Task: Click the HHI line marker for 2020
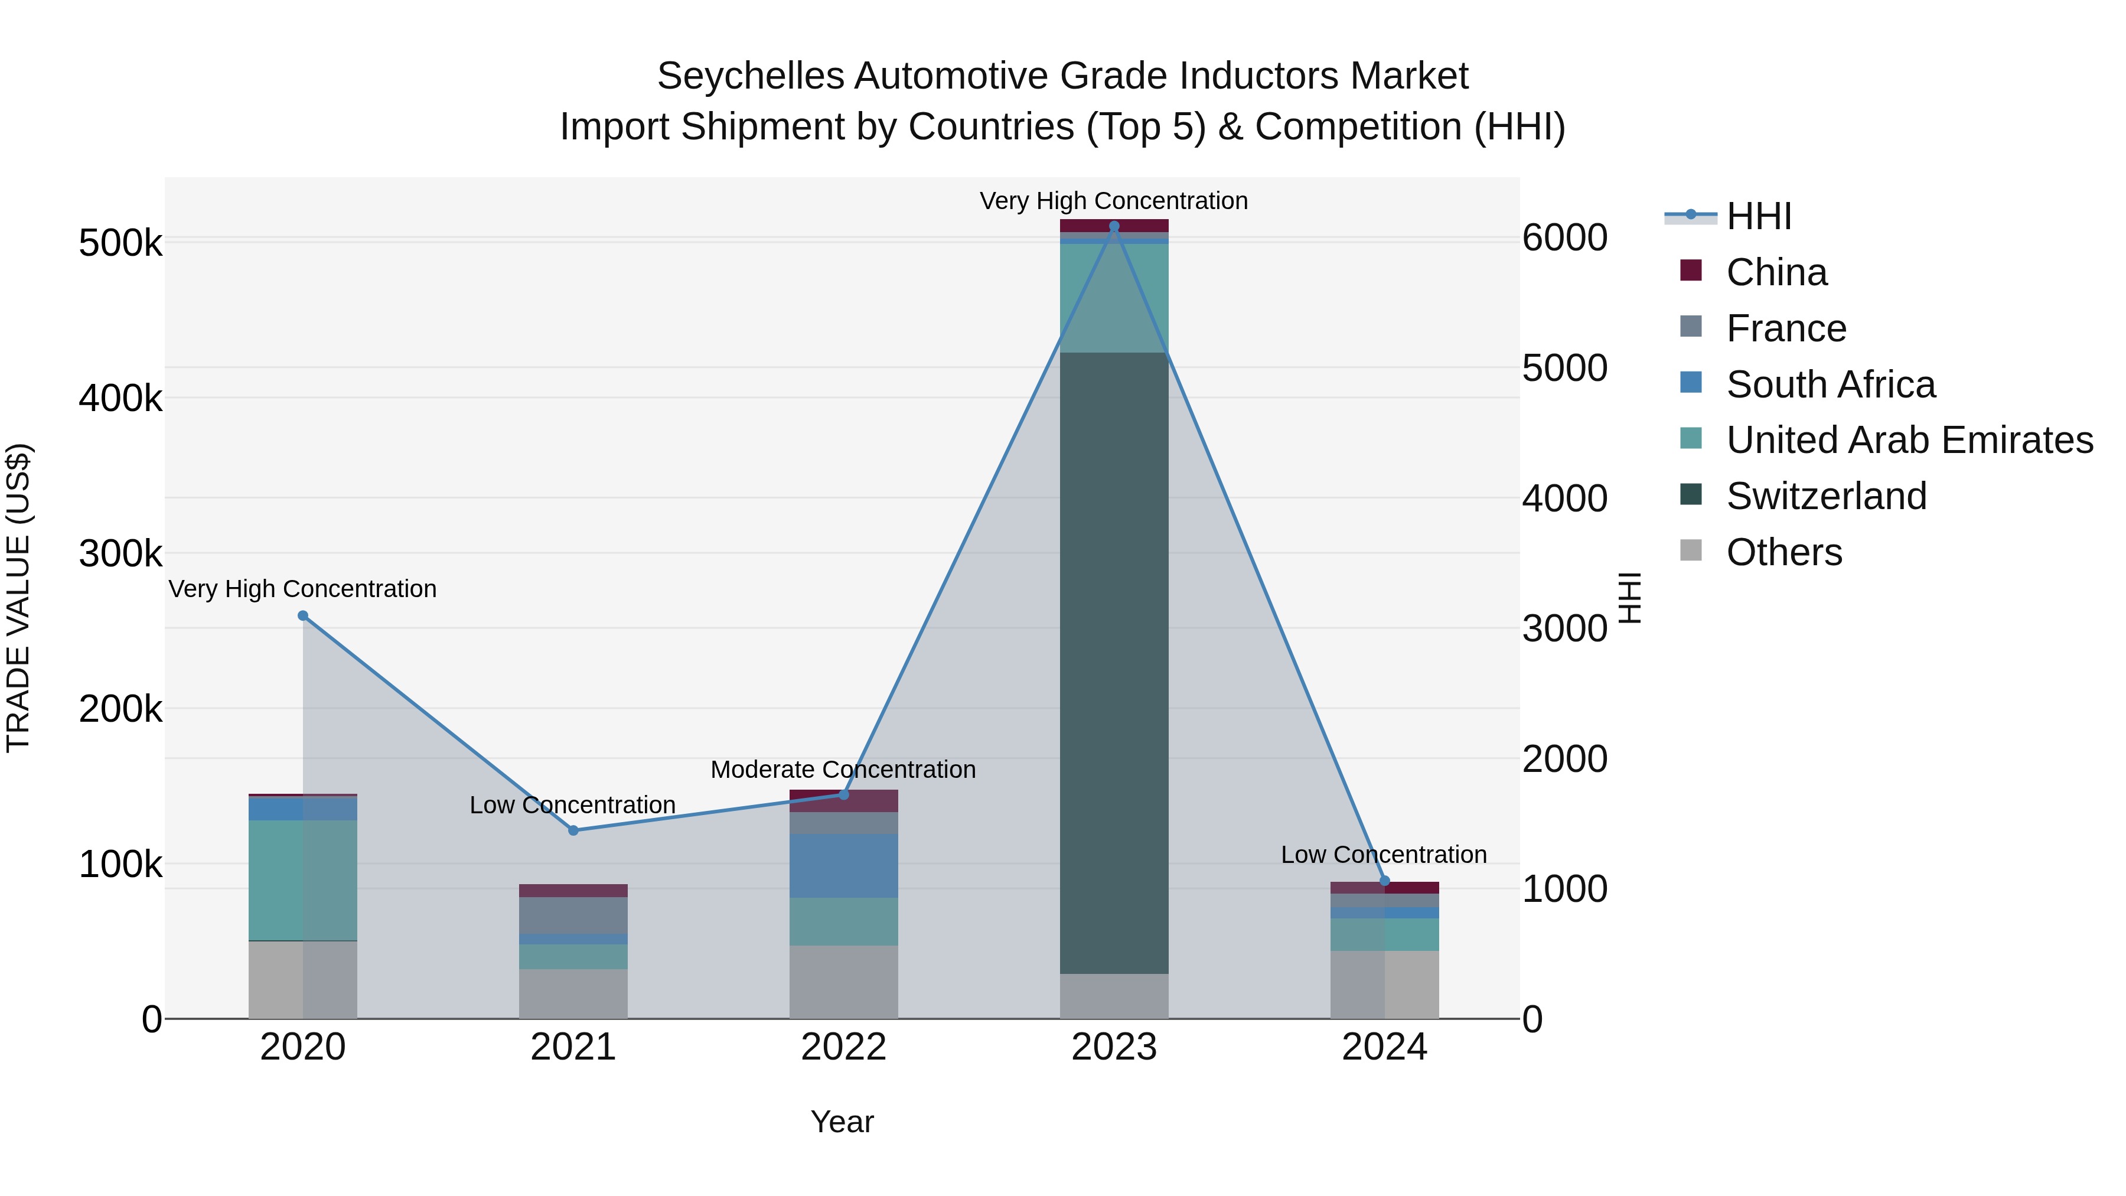click(x=303, y=616)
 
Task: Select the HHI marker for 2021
click(x=573, y=830)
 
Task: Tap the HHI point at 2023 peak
click(x=1114, y=226)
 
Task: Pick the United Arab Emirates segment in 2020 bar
click(x=303, y=880)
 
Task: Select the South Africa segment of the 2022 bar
click(x=843, y=865)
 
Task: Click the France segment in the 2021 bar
click(x=573, y=914)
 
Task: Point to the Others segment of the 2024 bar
click(x=1384, y=984)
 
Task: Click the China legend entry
click(x=1775, y=272)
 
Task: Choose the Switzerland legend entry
click(x=1825, y=496)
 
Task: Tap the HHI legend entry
click(x=1758, y=216)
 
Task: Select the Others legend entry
click(x=1783, y=552)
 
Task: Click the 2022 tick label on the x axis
click(x=843, y=1047)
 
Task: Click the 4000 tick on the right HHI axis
click(x=1564, y=498)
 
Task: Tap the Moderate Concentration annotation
click(x=843, y=769)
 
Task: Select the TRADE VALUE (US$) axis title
click(x=18, y=598)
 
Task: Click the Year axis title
click(x=842, y=1122)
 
